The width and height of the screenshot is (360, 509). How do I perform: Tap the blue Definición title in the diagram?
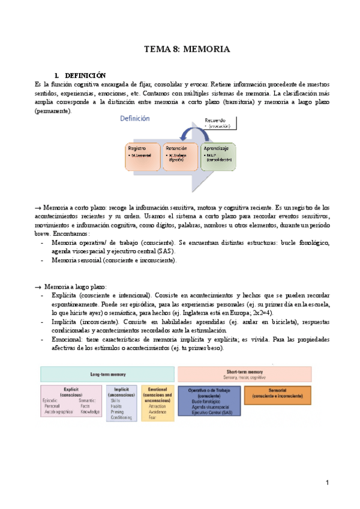pyautogui.click(x=135, y=119)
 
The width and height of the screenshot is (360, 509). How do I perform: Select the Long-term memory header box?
pyautogui.click(x=107, y=374)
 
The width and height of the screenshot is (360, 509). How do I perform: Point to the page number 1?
pyautogui.click(x=328, y=483)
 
